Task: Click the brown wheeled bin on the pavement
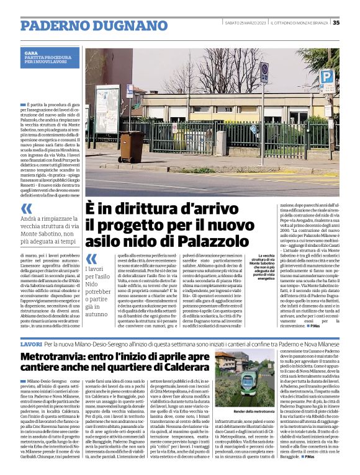[132, 146]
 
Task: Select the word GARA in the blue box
[31, 54]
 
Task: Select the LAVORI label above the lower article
[31, 343]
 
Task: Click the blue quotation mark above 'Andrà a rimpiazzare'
[27, 209]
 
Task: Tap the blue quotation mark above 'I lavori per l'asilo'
[91, 259]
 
